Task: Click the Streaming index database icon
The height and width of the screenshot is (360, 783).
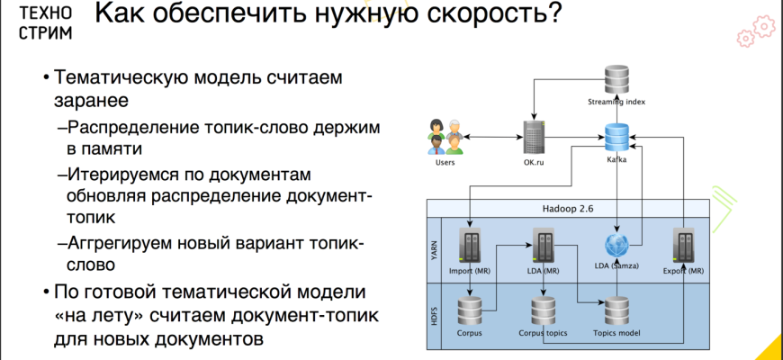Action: click(616, 78)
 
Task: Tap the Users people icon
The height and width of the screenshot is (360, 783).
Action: click(445, 138)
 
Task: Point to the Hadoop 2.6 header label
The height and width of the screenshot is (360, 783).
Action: click(568, 207)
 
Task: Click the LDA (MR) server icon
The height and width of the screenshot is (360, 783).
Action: click(544, 245)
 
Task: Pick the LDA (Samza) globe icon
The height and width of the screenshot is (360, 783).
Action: click(616, 246)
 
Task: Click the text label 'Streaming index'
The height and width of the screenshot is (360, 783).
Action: click(616, 102)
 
